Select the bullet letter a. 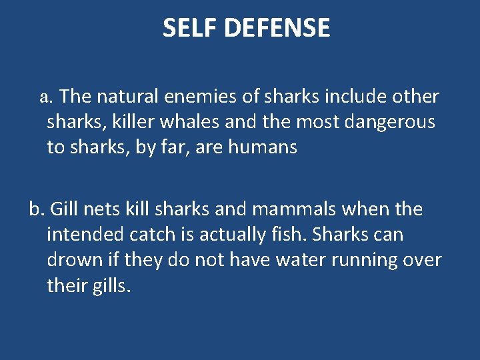point(45,97)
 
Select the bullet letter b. point(36,209)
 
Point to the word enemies point(199,97)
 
